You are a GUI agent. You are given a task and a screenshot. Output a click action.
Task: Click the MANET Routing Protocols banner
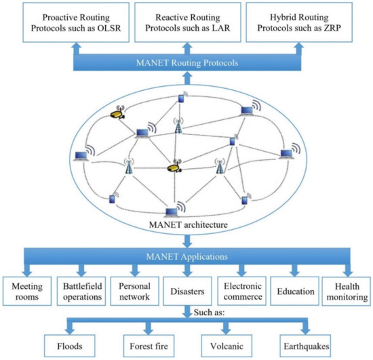point(186,64)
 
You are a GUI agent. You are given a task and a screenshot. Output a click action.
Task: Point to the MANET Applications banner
point(186,256)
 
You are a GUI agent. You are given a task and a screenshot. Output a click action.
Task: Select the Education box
point(294,292)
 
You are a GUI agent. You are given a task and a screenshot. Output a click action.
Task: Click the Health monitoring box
point(347,292)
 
